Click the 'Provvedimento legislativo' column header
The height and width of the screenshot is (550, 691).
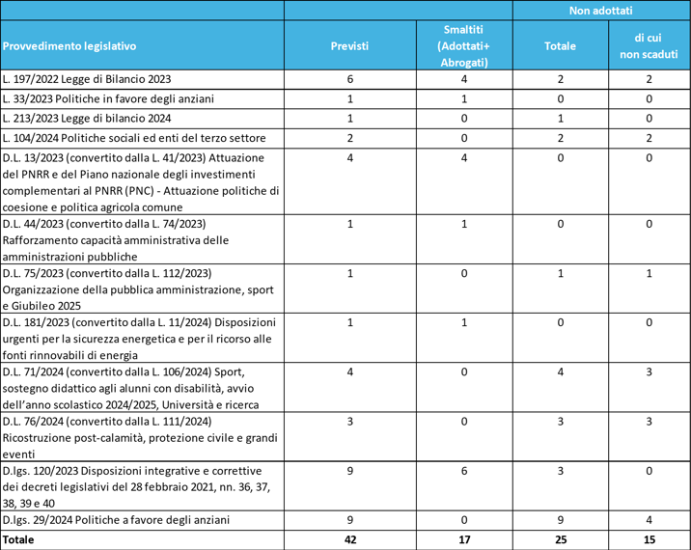(69, 45)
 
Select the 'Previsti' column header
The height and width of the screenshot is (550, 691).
(349, 45)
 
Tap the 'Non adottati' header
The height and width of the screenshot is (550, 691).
(600, 10)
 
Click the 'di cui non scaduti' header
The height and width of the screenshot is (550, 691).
(649, 45)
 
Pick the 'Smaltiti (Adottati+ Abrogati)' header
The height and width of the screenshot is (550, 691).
(463, 45)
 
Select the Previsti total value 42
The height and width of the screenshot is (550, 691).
(349, 540)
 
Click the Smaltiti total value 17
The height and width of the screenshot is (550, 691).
(463, 540)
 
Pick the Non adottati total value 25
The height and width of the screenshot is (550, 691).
(561, 540)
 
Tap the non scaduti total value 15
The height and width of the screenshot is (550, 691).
(649, 540)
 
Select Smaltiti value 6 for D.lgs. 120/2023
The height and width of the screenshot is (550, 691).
(463, 470)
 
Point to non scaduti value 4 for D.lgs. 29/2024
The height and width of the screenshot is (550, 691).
(649, 520)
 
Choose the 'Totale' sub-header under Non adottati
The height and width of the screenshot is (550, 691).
(561, 45)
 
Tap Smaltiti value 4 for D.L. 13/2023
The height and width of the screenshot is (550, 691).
(463, 156)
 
